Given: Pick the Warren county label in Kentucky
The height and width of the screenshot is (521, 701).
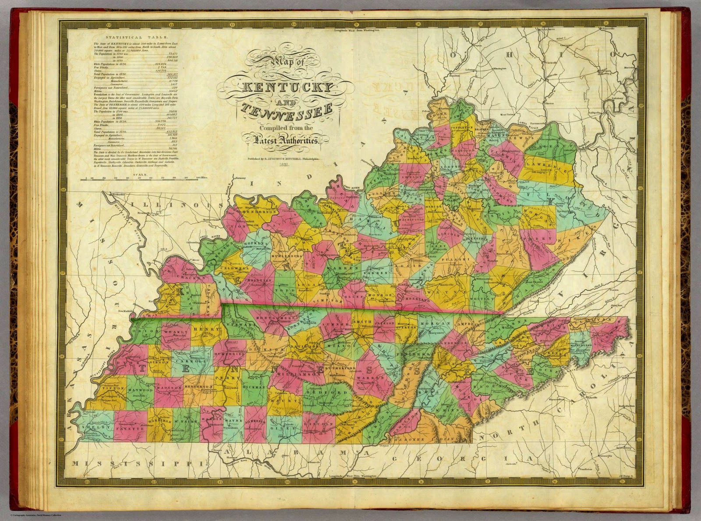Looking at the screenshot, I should [x=345, y=266].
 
